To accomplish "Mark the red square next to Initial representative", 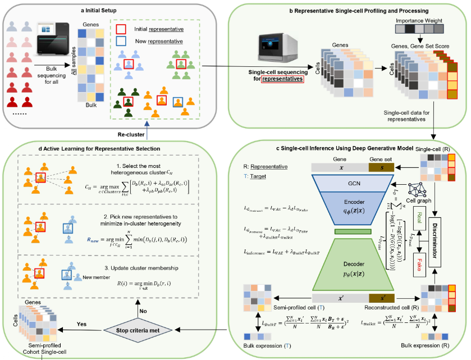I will point(120,29).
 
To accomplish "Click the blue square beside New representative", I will point(120,41).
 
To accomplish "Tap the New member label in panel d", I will point(94,277).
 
